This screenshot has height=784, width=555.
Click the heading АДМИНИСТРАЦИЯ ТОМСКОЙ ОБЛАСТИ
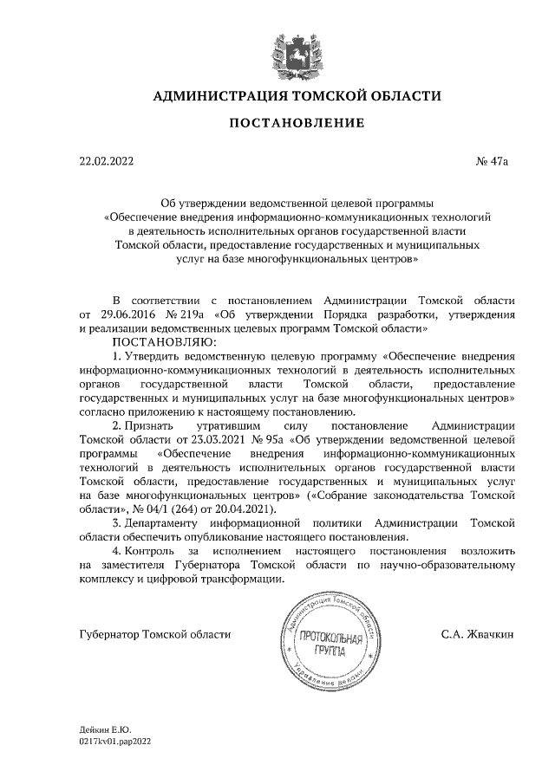(297, 96)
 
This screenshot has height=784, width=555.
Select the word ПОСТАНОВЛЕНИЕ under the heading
(297, 124)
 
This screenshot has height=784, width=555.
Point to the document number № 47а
(497, 160)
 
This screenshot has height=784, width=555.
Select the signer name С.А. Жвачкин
(478, 634)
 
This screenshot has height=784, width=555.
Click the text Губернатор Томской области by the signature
(154, 634)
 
